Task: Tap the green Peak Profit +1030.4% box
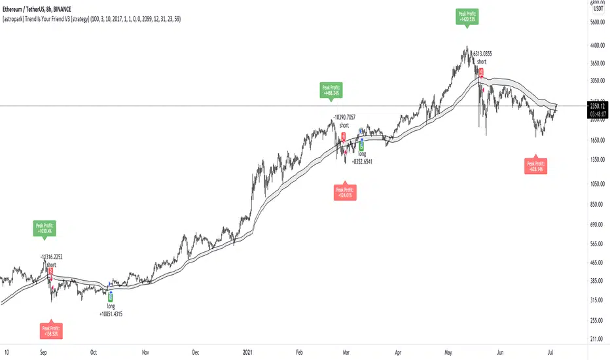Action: point(45,228)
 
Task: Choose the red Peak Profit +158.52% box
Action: point(50,330)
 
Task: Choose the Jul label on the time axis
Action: point(556,351)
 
